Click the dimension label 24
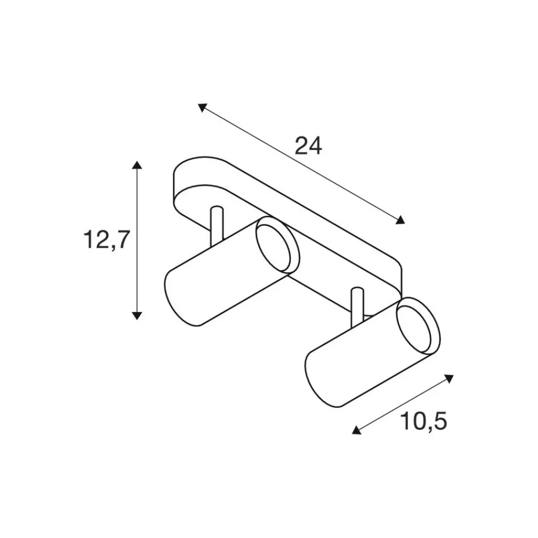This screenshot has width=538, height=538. point(308,146)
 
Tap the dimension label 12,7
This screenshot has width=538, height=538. point(107,239)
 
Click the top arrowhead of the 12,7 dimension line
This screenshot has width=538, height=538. point(137,165)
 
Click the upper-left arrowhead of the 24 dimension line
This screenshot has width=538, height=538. point(202,107)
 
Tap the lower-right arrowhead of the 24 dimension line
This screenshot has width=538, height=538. point(400,220)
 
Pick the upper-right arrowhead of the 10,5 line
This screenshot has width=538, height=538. point(449,379)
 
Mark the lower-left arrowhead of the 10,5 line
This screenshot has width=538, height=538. point(357,430)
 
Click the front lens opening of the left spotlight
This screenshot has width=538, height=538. point(274,246)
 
